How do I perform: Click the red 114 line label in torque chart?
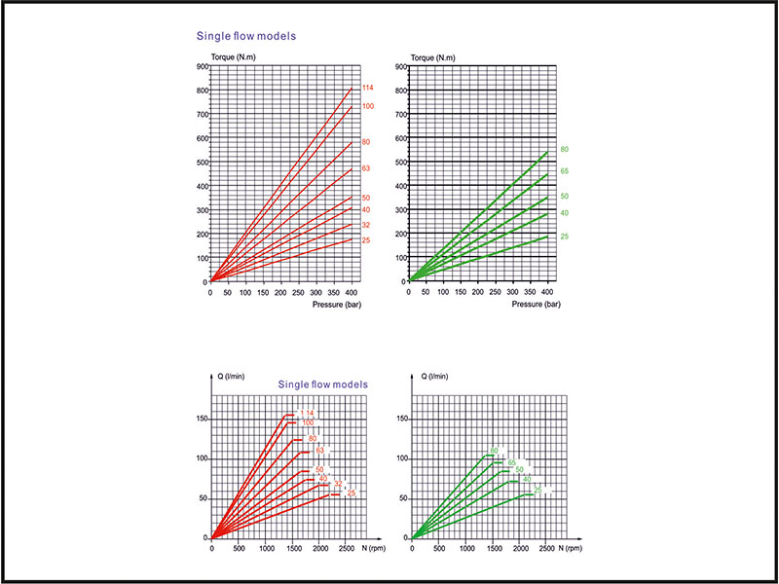pos(367,89)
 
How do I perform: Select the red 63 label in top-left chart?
pos(366,169)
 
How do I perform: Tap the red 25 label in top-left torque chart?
pos(366,239)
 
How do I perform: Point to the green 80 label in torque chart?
pos(564,149)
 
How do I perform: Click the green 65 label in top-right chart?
pos(564,171)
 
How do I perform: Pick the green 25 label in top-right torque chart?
pos(564,237)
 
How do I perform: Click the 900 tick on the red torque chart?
pos(202,67)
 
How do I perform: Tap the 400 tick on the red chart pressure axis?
pos(352,292)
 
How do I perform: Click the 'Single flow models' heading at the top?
pos(246,37)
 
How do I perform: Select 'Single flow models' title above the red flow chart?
pos(323,384)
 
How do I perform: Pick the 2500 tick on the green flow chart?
pos(547,548)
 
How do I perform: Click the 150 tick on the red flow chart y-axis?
pos(201,419)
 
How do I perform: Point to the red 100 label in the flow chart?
pos(307,422)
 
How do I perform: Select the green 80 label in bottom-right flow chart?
pos(494,451)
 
